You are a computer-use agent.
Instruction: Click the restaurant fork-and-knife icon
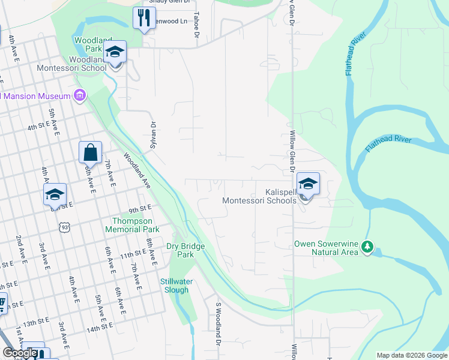tap(143, 17)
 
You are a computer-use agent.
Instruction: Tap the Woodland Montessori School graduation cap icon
tap(115, 52)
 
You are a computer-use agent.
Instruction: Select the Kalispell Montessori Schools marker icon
tap(308, 184)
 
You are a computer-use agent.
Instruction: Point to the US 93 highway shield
tap(65, 227)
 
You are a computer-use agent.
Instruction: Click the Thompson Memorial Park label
tap(132, 225)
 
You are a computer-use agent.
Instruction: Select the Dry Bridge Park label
tap(185, 250)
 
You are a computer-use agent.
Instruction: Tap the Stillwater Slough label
tap(175, 286)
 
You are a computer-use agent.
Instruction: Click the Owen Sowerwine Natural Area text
tap(327, 248)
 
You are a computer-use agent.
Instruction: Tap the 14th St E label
tap(100, 329)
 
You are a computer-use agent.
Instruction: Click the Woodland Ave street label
tap(138, 170)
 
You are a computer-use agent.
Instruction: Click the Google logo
tap(20, 353)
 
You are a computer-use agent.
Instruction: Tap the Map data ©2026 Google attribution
tap(411, 355)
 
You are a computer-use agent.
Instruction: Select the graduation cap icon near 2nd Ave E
tap(55, 194)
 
